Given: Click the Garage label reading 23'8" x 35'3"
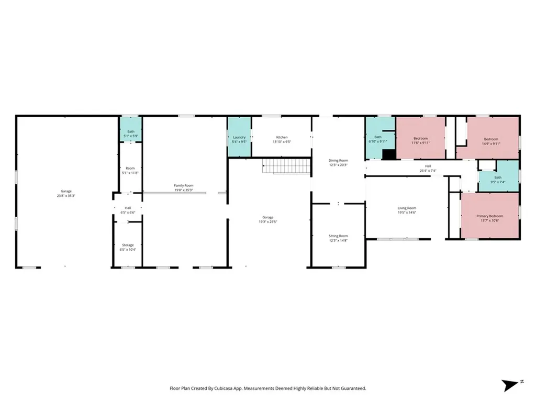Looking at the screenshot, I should click(x=66, y=193).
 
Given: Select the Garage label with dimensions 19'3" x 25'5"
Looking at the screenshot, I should click(x=267, y=219).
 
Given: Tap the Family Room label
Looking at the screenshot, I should click(x=184, y=187).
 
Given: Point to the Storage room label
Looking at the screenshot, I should click(x=128, y=247).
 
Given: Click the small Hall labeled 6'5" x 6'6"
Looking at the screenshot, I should click(x=128, y=210).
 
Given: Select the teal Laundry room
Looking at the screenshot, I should click(x=239, y=139).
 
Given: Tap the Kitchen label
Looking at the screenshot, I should click(x=282, y=139).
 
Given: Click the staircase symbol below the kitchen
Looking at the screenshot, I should click(x=283, y=167).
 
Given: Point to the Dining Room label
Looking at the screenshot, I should click(x=338, y=162).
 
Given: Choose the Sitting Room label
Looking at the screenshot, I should click(x=338, y=238).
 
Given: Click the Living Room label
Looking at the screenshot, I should click(x=407, y=210).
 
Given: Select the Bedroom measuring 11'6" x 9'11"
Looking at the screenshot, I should click(x=420, y=140).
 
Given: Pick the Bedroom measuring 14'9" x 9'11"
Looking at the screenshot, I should click(x=491, y=141).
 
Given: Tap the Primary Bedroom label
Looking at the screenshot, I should click(x=489, y=218).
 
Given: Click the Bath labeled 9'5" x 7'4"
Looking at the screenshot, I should click(x=498, y=180).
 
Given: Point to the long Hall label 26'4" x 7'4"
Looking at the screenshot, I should click(x=428, y=168).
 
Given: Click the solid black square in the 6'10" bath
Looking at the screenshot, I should click(x=388, y=154).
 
